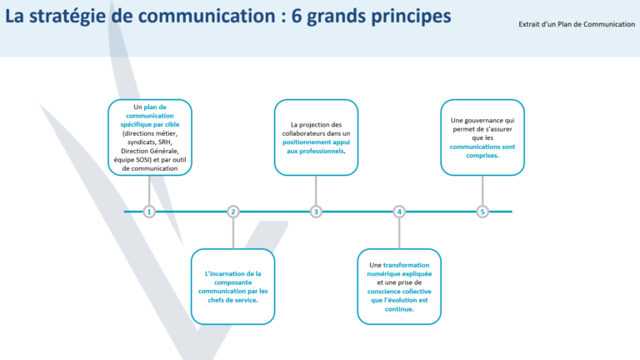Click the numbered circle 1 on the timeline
[149, 212]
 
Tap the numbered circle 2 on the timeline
[233, 212]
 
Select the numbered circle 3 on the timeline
[316, 212]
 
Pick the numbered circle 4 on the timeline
[399, 212]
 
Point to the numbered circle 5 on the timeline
[482, 212]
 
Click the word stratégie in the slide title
[78, 17]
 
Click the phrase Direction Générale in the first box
[150, 151]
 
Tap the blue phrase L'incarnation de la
[233, 272]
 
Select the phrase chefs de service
[233, 300]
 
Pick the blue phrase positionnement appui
[316, 142]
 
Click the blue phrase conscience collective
[399, 291]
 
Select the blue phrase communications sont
[482, 147]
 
